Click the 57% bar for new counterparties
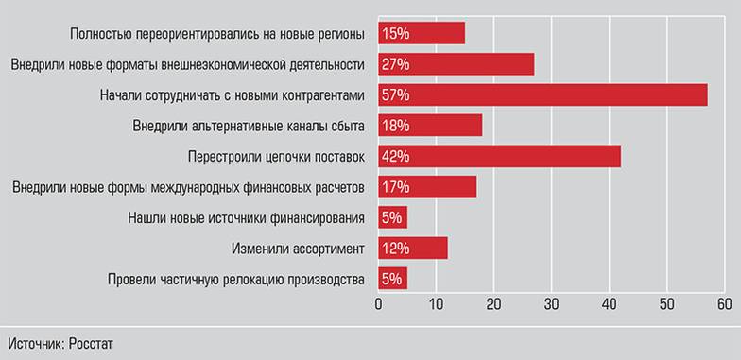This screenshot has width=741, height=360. click(x=543, y=94)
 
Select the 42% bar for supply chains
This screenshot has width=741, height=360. click(x=499, y=156)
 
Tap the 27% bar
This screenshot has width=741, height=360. click(x=456, y=64)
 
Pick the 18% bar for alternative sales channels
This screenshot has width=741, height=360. click(x=430, y=126)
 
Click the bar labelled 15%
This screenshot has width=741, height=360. click(x=422, y=34)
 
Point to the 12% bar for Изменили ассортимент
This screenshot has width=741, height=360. click(x=413, y=249)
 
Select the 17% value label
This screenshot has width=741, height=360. click(x=395, y=187)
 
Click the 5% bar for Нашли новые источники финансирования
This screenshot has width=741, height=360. click(x=392, y=217)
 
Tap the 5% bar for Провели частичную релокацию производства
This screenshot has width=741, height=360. click(x=392, y=279)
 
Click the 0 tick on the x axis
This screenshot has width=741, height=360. click(x=378, y=304)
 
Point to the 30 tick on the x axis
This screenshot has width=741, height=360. click(x=551, y=304)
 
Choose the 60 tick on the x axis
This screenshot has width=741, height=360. click(x=724, y=304)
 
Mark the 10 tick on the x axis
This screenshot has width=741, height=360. click(x=436, y=304)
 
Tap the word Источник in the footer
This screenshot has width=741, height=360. click(x=35, y=342)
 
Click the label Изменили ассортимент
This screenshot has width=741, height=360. click(x=298, y=249)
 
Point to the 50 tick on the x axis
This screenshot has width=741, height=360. click(x=666, y=304)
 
